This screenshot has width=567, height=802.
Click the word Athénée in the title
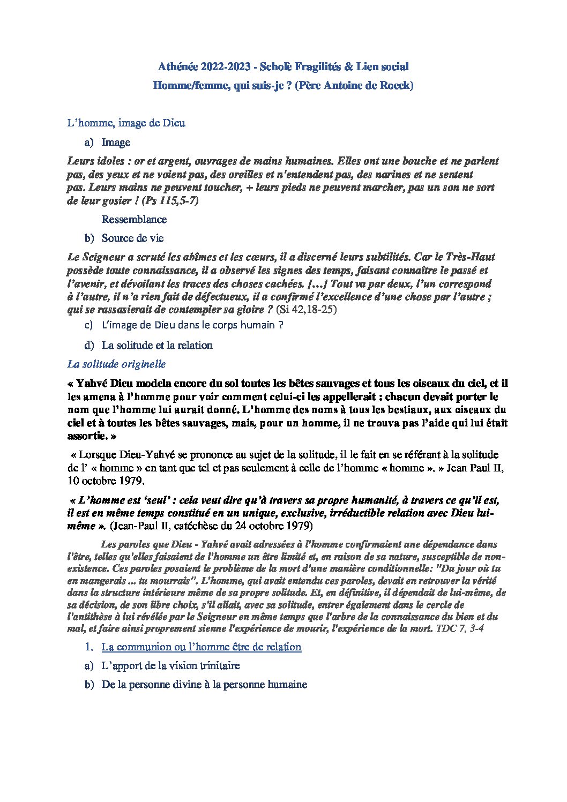pos(178,67)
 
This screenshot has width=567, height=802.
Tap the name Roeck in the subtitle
pos(396,85)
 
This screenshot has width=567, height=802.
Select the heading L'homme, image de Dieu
pos(126,123)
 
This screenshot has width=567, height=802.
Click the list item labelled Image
pos(116,143)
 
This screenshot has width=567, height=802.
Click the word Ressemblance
pos(134,219)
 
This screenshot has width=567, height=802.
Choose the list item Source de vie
pos(132,238)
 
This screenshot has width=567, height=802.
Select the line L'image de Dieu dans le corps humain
pos(192,325)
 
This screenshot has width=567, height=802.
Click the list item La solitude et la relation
pos(157,346)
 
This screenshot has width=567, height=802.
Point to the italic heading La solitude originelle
pos(116,364)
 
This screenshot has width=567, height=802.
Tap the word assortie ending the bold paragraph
pos(85,436)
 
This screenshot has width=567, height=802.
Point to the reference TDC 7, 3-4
pos(460,628)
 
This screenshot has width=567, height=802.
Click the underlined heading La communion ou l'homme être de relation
pos(202,647)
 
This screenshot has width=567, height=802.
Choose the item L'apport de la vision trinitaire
pos(170,666)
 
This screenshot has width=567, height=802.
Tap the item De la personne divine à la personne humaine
pos(204,685)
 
